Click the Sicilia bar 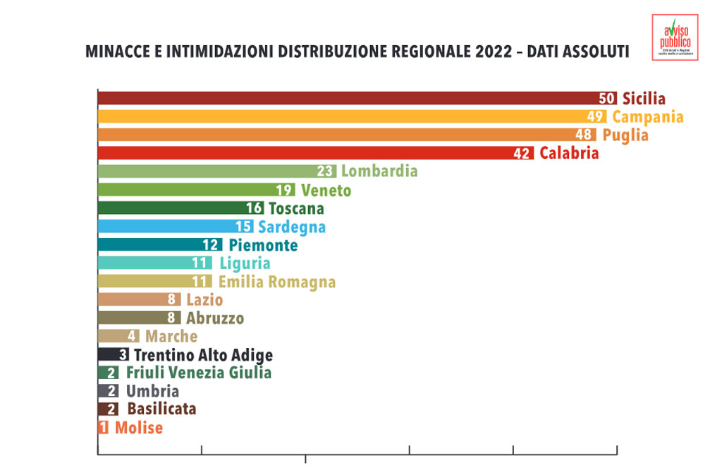(x=345, y=98)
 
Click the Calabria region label (x=569, y=153)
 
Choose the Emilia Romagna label (x=276, y=282)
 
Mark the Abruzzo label (x=215, y=318)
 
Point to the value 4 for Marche (x=132, y=337)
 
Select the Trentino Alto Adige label (x=203, y=355)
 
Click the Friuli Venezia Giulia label (x=198, y=373)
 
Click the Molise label (x=139, y=428)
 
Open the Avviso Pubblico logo (x=675, y=37)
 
